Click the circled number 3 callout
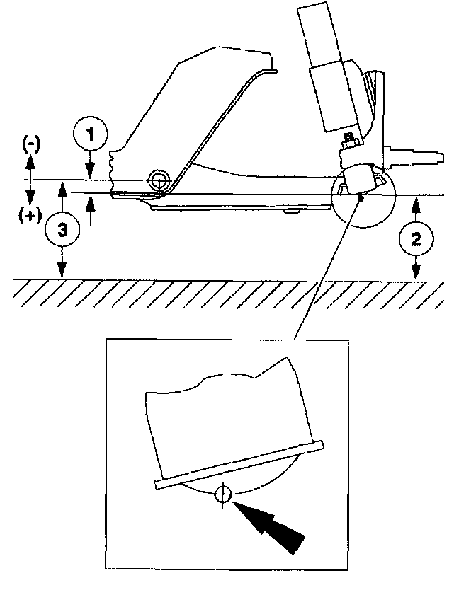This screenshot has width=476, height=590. point(62,229)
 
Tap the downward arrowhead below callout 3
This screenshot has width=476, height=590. point(62,270)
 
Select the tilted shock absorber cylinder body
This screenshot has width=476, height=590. point(328,64)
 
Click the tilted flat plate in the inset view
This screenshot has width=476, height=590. point(237,463)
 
